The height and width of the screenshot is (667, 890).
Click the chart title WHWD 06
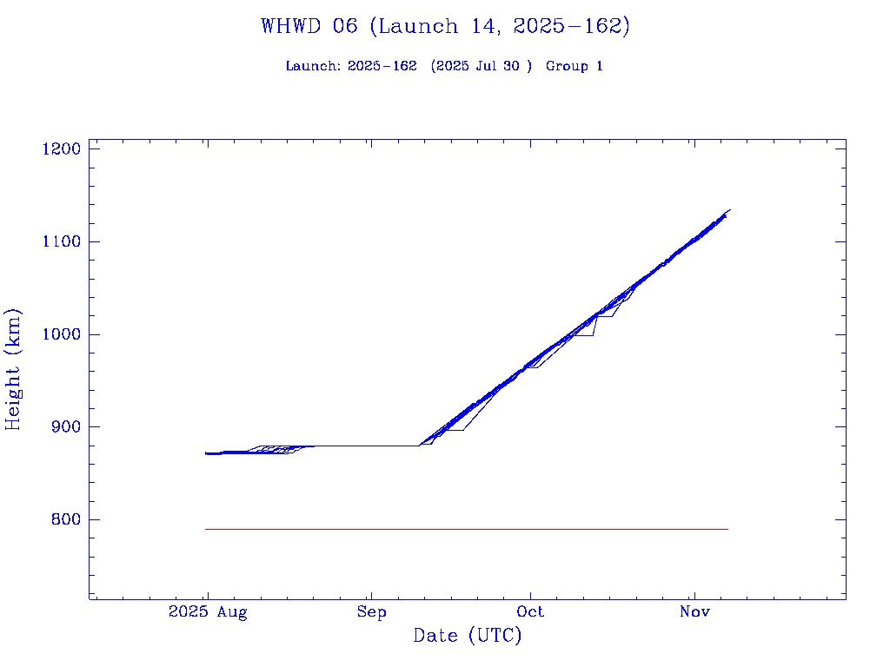[x=309, y=26]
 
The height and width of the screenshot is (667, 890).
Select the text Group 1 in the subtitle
[x=574, y=67]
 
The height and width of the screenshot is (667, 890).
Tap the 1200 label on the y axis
[x=61, y=149]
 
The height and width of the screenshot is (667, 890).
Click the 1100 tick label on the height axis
[x=61, y=241]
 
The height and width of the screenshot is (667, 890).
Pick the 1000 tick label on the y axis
[x=61, y=334]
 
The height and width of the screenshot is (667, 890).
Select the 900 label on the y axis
[x=65, y=427]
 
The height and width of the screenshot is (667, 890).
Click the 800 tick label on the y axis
[x=65, y=520]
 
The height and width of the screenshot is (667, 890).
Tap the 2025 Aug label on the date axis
[x=208, y=612]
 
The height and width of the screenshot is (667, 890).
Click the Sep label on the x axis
[x=371, y=612]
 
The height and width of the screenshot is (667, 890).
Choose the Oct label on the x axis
[x=530, y=612]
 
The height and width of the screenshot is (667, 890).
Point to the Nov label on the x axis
[x=694, y=612]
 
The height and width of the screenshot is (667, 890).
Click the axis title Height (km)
[x=13, y=369]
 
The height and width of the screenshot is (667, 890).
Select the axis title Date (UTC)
[x=468, y=637]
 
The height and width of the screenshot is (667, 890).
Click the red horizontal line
[x=466, y=529]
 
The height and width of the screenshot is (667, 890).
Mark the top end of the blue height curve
[x=730, y=209]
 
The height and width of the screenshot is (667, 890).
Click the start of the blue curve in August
[x=206, y=453]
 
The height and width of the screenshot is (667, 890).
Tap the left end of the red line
[x=206, y=529]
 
